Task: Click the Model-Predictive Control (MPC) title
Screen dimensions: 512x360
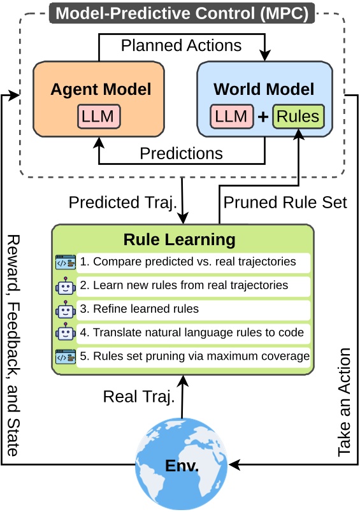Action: [182, 13]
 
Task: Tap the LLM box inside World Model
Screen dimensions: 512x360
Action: [231, 117]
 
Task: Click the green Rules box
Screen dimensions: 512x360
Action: [298, 117]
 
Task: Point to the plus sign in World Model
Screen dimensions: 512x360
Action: [263, 117]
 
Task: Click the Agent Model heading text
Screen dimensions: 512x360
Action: [101, 89]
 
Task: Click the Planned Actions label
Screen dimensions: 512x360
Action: [181, 45]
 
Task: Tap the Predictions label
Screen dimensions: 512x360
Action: [181, 153]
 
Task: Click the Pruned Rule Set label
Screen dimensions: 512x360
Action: [285, 202]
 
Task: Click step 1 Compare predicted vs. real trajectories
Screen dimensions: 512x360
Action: [193, 262]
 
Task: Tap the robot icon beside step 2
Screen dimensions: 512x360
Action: [66, 286]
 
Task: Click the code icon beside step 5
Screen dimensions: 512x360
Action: [66, 357]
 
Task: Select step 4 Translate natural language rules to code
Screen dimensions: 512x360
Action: [193, 332]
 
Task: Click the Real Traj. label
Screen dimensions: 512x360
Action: [139, 398]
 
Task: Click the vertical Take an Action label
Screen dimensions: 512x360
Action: [344, 401]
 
